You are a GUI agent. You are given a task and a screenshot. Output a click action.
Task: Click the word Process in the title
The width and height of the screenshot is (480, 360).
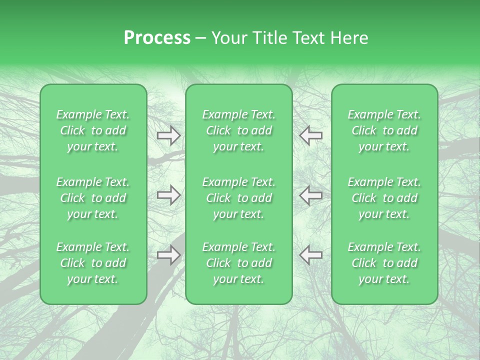157,38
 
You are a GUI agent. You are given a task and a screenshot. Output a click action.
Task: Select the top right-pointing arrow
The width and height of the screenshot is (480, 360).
168,135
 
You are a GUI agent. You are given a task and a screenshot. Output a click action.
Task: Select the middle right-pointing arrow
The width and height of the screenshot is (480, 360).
168,195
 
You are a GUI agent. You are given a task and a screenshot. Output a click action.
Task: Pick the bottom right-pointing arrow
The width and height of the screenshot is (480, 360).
168,255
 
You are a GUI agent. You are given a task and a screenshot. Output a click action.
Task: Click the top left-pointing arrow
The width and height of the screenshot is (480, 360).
311,135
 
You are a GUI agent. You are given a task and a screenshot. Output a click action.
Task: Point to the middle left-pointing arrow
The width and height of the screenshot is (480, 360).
311,195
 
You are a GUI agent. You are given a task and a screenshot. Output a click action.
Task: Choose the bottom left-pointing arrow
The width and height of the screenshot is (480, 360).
311,255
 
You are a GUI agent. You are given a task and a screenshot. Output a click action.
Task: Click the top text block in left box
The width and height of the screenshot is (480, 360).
93,130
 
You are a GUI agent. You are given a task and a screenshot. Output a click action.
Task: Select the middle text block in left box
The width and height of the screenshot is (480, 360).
93,198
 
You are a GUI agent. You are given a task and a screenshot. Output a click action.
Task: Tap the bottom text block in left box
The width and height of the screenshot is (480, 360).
93,263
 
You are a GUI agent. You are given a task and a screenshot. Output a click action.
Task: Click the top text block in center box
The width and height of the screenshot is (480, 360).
238,130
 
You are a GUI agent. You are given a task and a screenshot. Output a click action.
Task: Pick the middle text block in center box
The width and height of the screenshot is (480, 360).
238,198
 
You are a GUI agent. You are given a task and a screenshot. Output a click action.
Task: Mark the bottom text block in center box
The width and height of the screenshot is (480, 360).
238,263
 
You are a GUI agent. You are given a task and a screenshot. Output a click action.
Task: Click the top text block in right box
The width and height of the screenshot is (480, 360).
384,130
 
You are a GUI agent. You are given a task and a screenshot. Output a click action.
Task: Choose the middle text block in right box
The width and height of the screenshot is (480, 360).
384,198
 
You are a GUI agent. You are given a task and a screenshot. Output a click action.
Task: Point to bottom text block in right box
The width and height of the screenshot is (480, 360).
384,263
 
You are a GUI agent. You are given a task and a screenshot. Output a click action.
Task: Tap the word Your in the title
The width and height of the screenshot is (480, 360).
228,38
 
